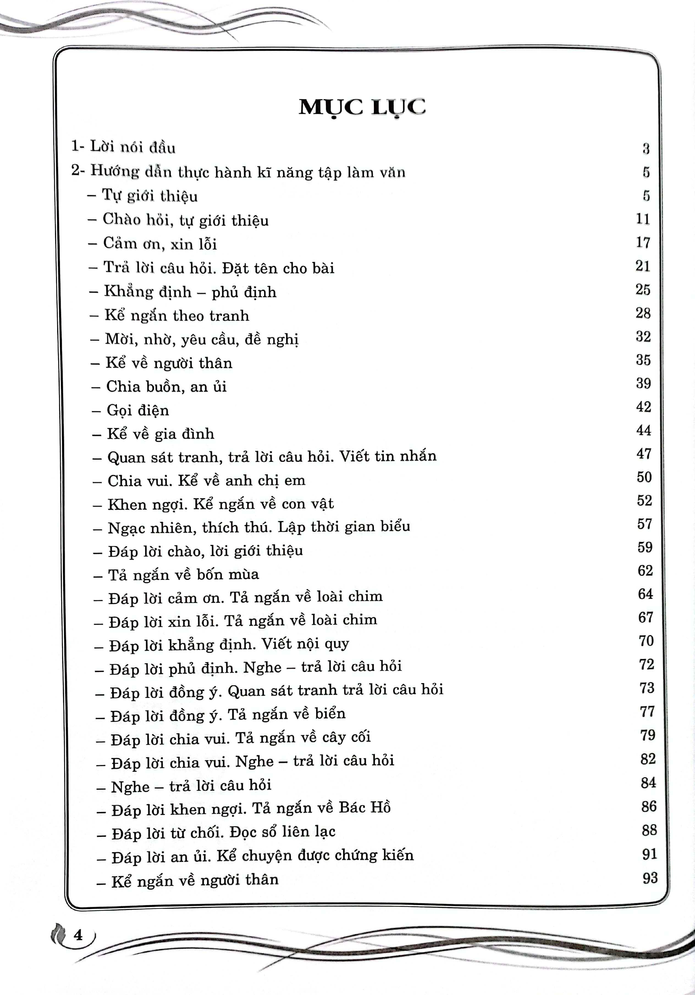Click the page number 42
[x=643, y=407]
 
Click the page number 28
[x=643, y=313]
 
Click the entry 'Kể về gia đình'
[x=161, y=434]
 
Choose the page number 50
[x=644, y=477]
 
